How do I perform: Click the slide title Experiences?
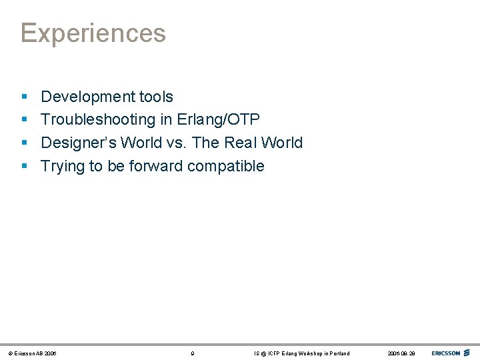click(93, 33)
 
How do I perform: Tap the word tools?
click(156, 97)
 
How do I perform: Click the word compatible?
click(226, 167)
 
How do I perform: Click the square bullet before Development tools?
click(24, 97)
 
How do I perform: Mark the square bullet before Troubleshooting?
click(24, 120)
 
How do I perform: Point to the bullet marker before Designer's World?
click(24, 143)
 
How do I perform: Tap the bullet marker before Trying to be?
click(24, 166)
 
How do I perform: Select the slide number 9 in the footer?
click(193, 353)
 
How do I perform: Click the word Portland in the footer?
click(337, 353)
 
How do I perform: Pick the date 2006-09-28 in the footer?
click(401, 353)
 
